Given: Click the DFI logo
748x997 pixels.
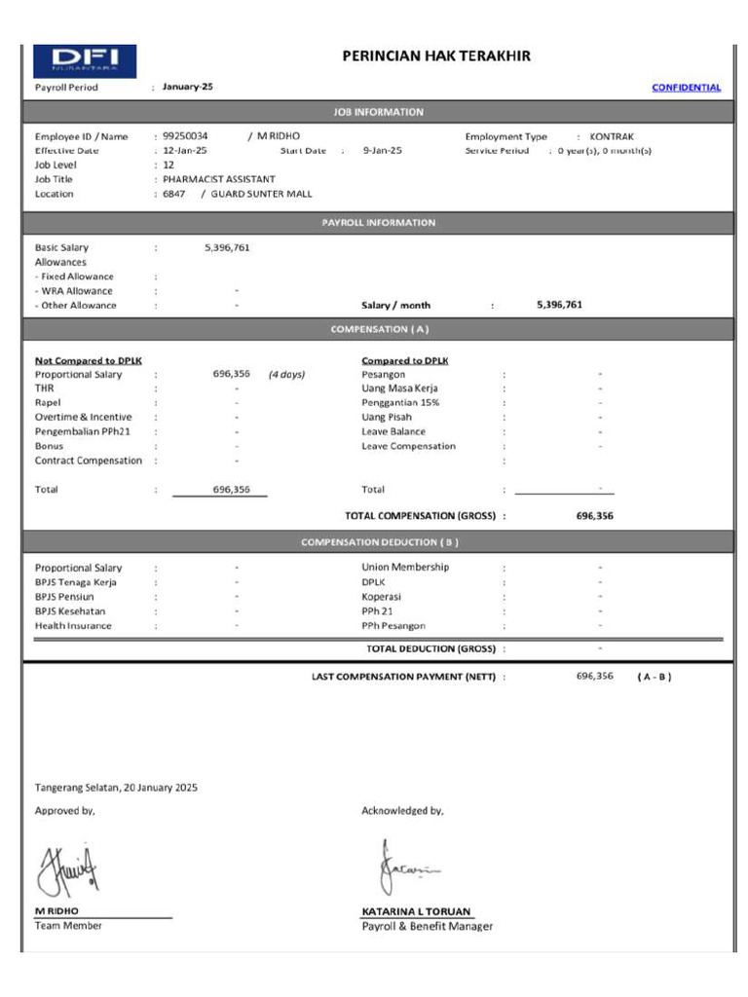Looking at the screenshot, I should tap(85, 60).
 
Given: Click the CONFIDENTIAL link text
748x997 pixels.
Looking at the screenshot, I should tap(686, 88).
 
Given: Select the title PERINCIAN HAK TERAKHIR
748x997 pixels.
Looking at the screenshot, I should tap(436, 56).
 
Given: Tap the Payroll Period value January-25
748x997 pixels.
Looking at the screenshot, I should tap(188, 87).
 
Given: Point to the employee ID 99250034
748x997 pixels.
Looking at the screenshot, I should tap(185, 136).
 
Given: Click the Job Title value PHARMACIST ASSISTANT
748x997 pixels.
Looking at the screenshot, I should tap(219, 179).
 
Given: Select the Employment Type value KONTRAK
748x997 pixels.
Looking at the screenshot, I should tap(611, 136).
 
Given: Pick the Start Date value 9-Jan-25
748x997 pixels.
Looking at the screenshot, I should tap(382, 151).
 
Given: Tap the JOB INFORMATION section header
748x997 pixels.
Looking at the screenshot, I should tap(378, 112).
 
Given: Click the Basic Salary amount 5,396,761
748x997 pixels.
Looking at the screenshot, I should tap(227, 247).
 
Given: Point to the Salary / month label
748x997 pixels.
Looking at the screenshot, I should tap(395, 305).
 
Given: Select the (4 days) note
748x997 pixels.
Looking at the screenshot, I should tap(286, 374).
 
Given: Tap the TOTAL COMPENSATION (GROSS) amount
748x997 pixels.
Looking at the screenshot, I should tap(594, 516).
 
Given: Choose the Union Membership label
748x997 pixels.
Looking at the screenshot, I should tap(405, 567).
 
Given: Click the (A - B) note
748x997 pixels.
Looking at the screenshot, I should tap(654, 676).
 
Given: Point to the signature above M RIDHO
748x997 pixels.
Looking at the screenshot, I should tap(68, 869).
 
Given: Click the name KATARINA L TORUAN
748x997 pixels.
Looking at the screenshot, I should tap(416, 911).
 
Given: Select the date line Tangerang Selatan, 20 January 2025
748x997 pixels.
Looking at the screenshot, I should tap(116, 787).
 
